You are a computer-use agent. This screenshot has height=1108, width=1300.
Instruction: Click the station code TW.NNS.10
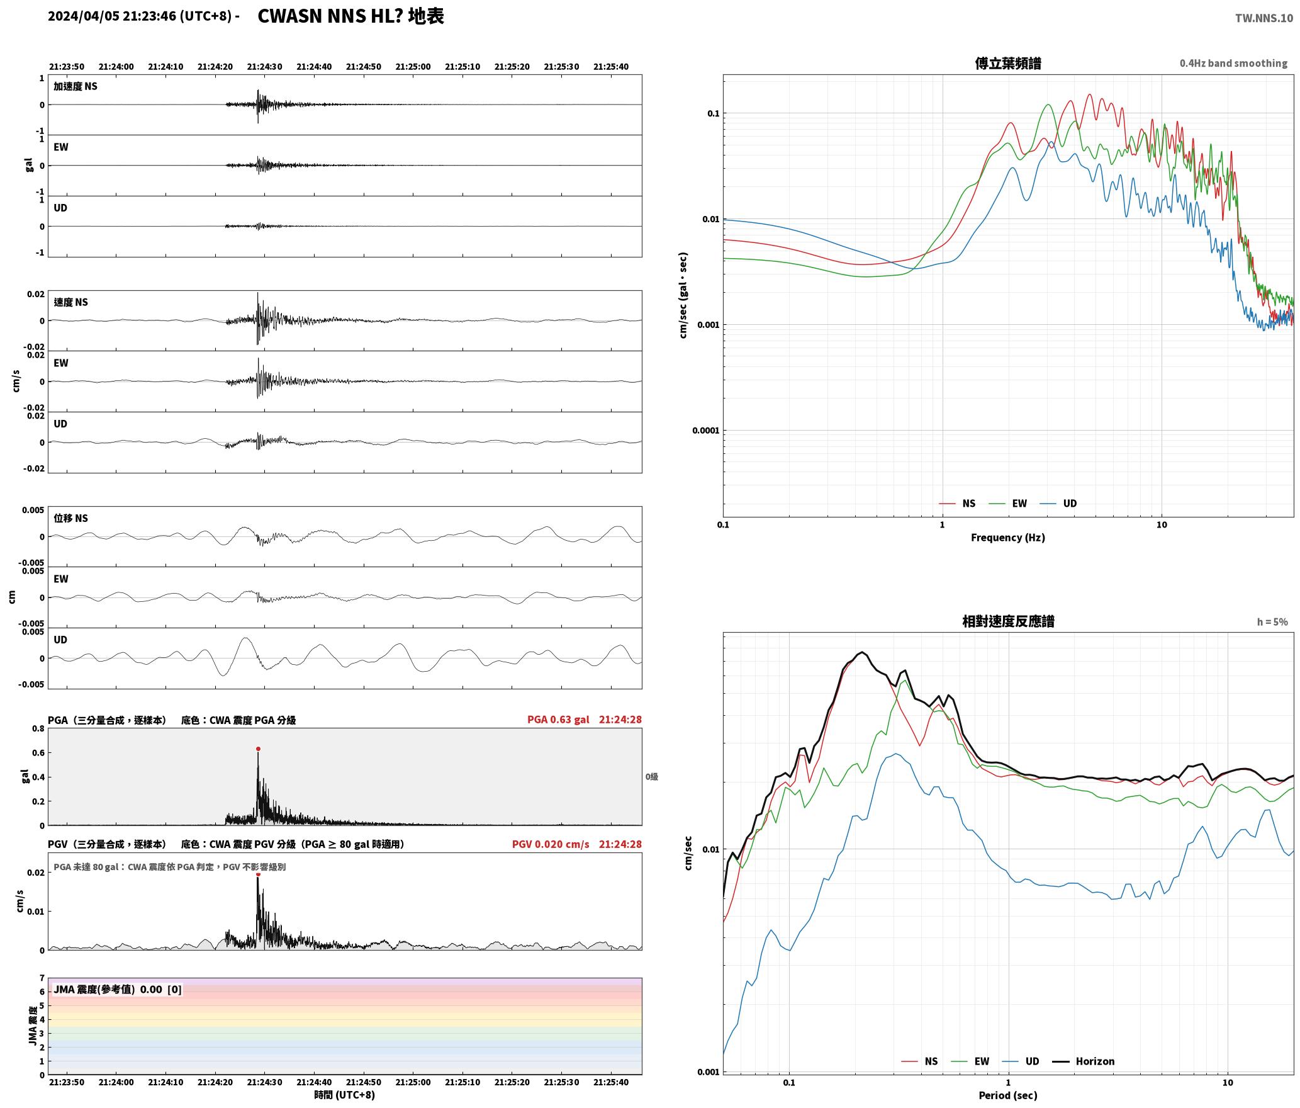click(x=1264, y=18)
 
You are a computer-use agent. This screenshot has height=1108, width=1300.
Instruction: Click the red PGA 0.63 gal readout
click(x=558, y=720)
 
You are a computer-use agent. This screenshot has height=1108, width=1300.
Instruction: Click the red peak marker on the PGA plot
click(x=258, y=749)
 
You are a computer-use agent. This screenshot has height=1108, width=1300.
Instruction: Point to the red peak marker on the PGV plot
click(x=258, y=874)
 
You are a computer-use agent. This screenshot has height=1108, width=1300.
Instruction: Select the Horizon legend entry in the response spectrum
click(x=1084, y=1061)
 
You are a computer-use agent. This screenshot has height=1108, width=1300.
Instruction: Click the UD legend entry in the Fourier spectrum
click(x=1058, y=504)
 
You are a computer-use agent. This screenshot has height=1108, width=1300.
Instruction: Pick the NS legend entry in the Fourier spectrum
click(x=957, y=504)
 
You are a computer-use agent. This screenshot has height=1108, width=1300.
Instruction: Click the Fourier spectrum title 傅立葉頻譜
click(x=1008, y=64)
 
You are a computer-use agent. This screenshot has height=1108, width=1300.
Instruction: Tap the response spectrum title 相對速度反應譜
click(x=1008, y=621)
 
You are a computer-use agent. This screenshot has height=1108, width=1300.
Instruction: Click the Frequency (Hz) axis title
click(x=1008, y=538)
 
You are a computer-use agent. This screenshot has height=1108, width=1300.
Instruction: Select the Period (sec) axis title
click(x=1008, y=1095)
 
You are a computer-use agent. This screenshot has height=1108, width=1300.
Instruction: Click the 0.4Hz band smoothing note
click(x=1233, y=64)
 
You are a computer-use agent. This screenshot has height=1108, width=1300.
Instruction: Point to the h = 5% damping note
click(x=1272, y=622)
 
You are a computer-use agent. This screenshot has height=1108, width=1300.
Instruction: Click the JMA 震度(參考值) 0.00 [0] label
click(x=118, y=990)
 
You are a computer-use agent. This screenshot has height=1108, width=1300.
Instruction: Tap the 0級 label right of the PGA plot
click(x=652, y=777)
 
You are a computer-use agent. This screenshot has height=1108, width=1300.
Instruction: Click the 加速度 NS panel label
click(x=76, y=86)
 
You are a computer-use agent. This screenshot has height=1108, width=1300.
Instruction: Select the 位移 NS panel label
click(x=70, y=518)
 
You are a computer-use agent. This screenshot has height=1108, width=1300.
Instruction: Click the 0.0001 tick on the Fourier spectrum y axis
click(x=705, y=431)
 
